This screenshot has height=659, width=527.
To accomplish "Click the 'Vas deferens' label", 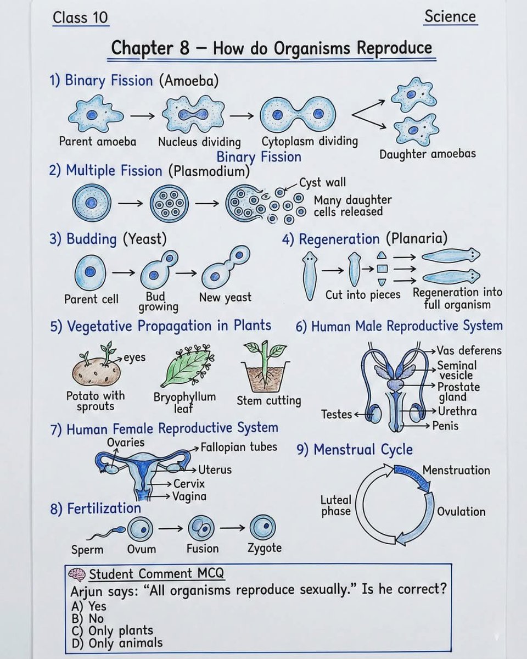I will [x=469, y=350].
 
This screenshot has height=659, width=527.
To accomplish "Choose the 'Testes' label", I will [x=336, y=414].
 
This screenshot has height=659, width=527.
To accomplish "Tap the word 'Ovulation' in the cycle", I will [x=461, y=511].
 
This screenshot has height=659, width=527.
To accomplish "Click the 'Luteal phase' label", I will [x=336, y=505].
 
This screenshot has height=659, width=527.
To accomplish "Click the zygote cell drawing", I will [x=262, y=529].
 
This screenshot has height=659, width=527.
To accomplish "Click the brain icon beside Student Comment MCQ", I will [x=77, y=574].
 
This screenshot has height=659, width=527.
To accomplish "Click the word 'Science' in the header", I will [x=450, y=16].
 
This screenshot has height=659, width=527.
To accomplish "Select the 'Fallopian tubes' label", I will [x=238, y=447].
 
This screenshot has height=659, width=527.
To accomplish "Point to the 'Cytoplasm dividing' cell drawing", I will [x=298, y=114].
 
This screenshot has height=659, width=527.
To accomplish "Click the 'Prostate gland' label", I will [x=458, y=392].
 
